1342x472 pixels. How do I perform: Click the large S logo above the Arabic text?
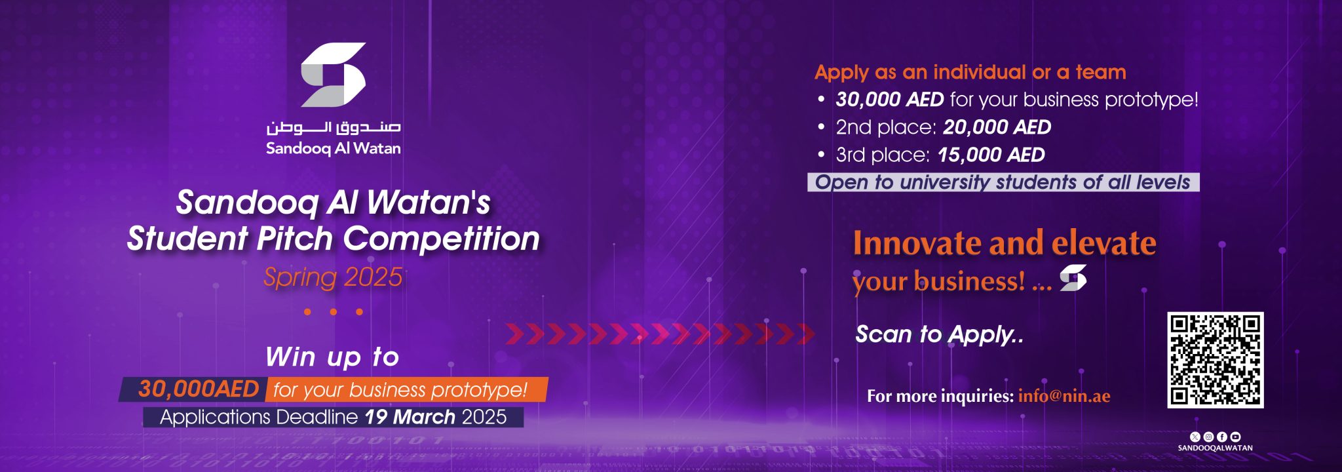[333, 75]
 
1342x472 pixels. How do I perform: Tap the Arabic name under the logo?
[333, 127]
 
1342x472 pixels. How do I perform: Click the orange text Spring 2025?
[333, 277]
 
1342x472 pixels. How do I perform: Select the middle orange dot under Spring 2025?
[334, 312]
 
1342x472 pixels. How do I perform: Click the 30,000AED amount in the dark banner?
[199, 389]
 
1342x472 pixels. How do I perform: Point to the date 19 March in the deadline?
[410, 417]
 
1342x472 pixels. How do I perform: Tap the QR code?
[1215, 360]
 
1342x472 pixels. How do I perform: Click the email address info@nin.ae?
[1064, 396]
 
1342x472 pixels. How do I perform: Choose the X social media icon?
[1195, 437]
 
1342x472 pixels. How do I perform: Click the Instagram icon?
[1208, 437]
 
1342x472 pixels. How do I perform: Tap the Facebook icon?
[1222, 437]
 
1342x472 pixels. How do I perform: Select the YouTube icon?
[1236, 437]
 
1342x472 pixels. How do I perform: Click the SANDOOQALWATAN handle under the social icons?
[1215, 448]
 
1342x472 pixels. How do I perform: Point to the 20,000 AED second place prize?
[997, 127]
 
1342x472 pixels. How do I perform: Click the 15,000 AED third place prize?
[991, 155]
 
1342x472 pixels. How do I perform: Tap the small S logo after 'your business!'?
[1073, 277]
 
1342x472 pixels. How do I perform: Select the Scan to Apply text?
[939, 334]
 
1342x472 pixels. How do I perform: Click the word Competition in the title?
[442, 239]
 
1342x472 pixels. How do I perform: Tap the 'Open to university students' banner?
[1003, 182]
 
